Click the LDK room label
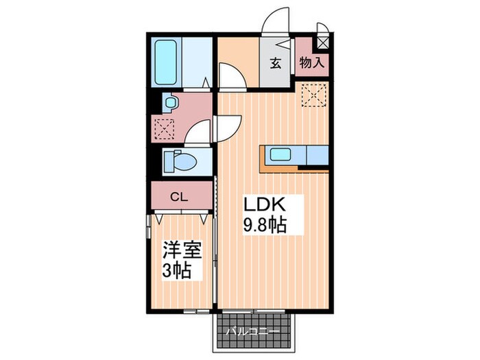tap(261, 205)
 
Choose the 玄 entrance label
tap(275, 64)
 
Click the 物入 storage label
tap(312, 64)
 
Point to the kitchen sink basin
tap(282, 155)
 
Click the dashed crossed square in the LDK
tap(315, 96)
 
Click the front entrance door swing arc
tap(278, 21)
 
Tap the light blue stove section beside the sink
tap(316, 156)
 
